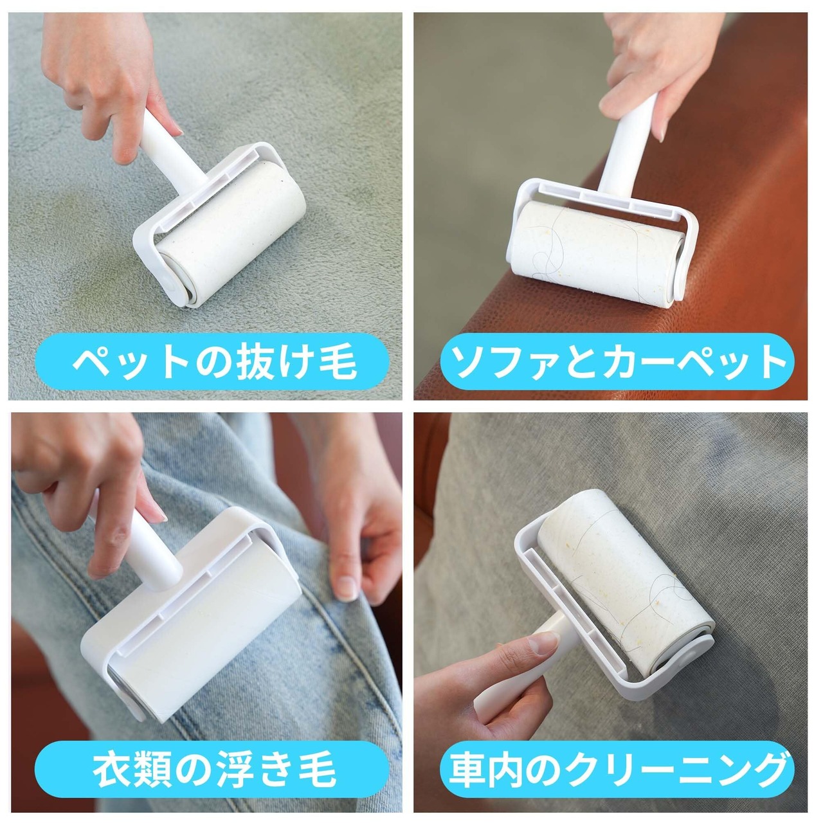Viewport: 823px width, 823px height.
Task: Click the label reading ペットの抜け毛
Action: click(214, 362)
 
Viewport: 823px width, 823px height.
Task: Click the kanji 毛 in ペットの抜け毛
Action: click(338, 362)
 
